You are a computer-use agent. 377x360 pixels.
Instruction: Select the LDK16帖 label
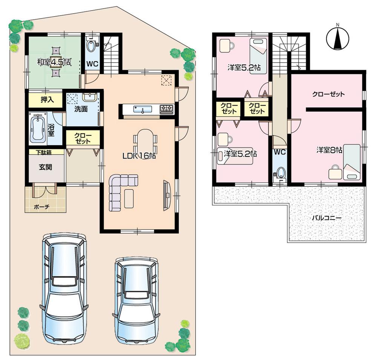point(138,155)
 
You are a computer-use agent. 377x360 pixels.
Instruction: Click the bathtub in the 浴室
point(38,128)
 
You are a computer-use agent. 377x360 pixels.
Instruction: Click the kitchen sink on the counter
point(143,109)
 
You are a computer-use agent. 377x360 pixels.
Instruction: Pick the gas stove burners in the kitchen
point(167,109)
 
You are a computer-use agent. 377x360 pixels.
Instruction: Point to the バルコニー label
point(326,218)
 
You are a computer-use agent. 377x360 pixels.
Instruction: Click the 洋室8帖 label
point(329,150)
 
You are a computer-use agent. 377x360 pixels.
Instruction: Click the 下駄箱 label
point(44,152)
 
